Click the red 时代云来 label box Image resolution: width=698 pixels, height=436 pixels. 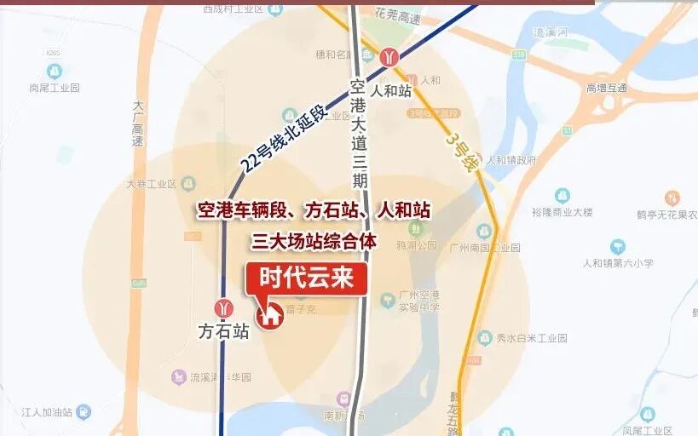click(x=307, y=278)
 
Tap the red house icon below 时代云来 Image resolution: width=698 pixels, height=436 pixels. click(x=271, y=314)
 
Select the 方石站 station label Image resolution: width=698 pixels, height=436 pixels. click(x=223, y=331)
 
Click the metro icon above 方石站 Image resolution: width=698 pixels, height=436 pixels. click(x=224, y=308)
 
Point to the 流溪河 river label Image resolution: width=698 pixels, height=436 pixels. click(x=550, y=32)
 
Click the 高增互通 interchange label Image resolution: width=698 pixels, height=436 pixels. click(x=606, y=88)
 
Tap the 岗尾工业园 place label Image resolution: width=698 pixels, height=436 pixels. click(x=54, y=88)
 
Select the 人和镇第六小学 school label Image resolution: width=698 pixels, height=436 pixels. click(x=618, y=263)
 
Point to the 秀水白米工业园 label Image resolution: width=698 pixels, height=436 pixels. click(x=532, y=338)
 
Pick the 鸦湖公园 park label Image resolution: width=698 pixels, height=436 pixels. click(x=416, y=245)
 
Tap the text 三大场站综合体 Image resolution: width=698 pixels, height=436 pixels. click(x=314, y=241)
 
